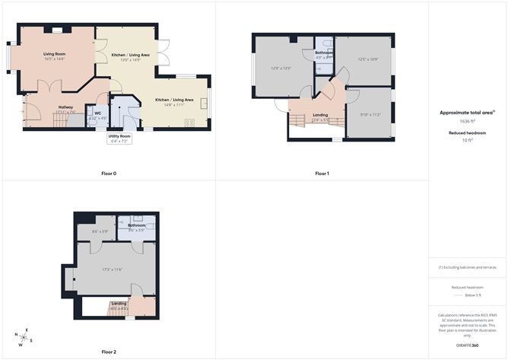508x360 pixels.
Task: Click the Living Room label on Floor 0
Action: [55, 53]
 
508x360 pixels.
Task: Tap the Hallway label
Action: [65, 107]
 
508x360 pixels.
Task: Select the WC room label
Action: [97, 113]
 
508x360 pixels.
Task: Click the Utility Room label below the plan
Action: [120, 136]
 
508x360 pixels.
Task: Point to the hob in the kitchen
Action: [189, 122]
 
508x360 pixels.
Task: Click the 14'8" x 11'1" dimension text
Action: [174, 105]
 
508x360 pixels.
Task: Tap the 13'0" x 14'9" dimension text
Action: [130, 60]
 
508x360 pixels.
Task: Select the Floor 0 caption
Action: [109, 174]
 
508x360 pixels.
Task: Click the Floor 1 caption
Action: [322, 174]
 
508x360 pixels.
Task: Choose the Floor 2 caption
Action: [109, 352]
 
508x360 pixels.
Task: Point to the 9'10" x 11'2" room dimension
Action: [370, 114]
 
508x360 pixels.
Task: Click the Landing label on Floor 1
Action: [320, 115]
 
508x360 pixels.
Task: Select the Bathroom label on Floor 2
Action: [137, 225]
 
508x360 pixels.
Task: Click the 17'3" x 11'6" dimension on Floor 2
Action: [113, 269]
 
